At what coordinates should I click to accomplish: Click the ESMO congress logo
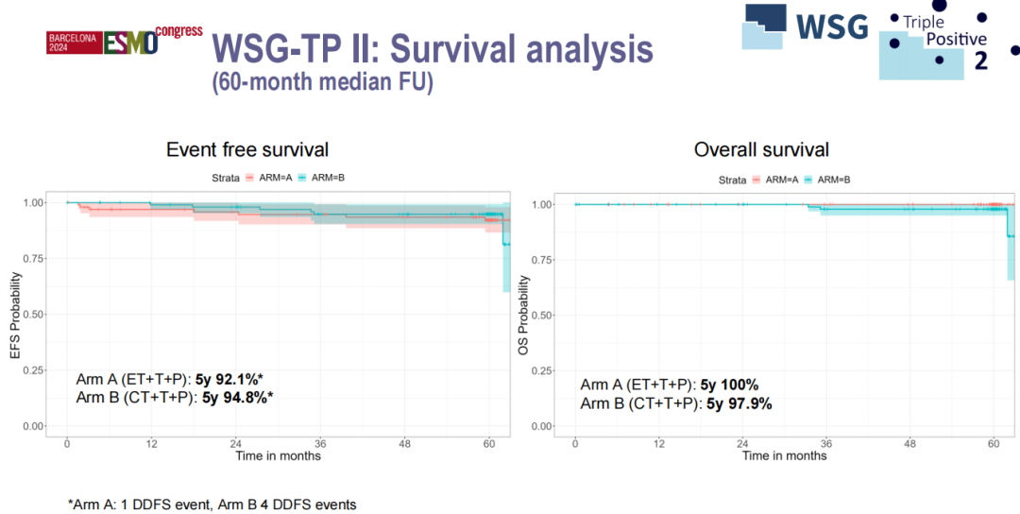click(x=126, y=41)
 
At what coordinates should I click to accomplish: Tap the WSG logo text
click(x=831, y=26)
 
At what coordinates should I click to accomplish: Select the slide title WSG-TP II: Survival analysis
click(x=432, y=48)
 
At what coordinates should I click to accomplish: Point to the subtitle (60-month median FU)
click(x=321, y=82)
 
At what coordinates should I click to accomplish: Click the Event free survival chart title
click(x=247, y=149)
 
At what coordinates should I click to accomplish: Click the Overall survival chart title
click(x=761, y=149)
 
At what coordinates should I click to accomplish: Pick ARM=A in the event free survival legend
click(x=280, y=177)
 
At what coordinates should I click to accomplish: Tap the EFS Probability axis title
click(x=16, y=314)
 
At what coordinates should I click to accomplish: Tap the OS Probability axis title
click(x=524, y=315)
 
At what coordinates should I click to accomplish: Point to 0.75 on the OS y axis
click(x=542, y=259)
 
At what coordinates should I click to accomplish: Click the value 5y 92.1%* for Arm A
click(x=229, y=379)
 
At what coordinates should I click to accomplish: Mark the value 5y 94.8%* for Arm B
click(x=238, y=397)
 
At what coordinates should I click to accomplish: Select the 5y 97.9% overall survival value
click(x=739, y=403)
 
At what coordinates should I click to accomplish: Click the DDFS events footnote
click(x=212, y=505)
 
